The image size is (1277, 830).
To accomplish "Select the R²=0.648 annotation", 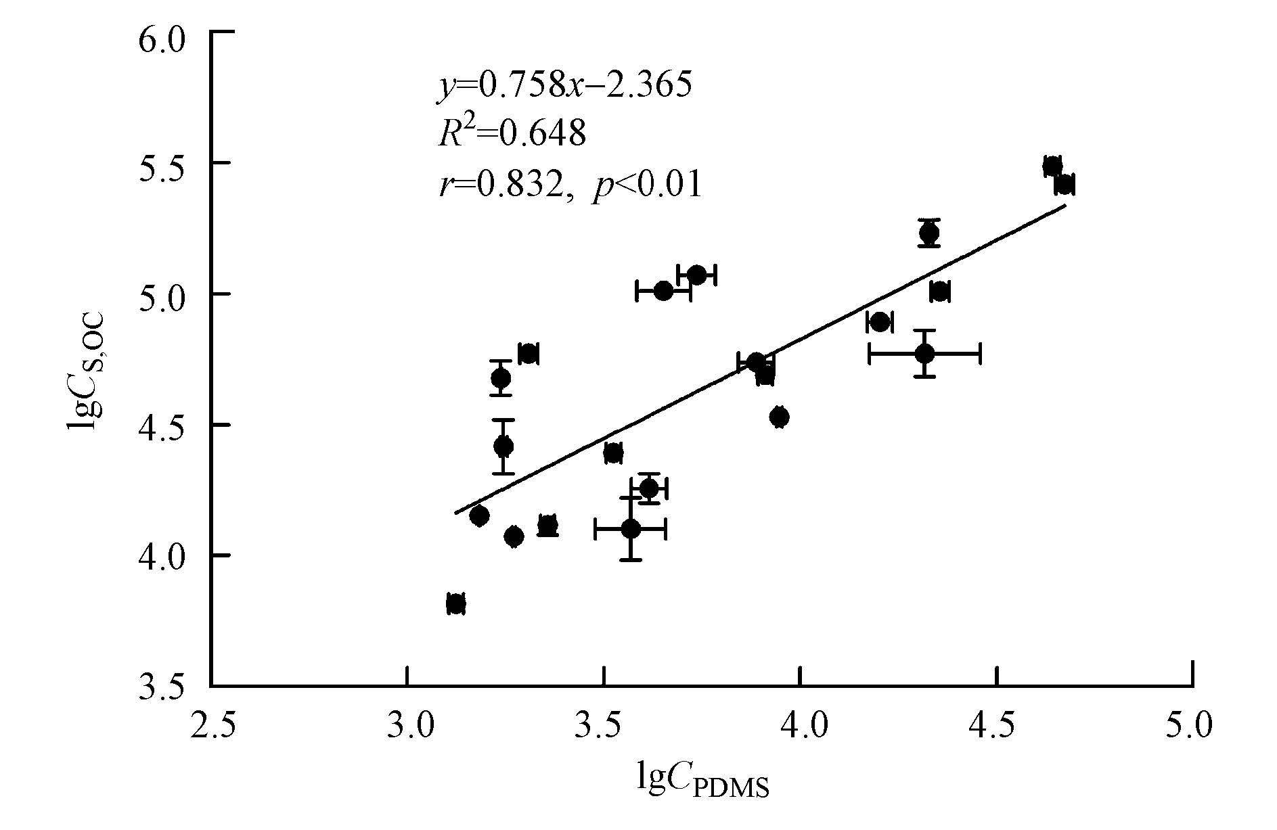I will [511, 134].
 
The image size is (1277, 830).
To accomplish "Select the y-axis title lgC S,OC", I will [87, 369].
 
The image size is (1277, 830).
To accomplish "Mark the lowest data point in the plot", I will [455, 603].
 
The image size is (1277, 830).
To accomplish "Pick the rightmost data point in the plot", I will [1065, 185].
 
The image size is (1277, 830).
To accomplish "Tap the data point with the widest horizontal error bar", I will [924, 353].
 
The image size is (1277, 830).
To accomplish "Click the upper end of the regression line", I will [1066, 205].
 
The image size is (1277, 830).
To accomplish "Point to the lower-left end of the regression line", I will [455, 513].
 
